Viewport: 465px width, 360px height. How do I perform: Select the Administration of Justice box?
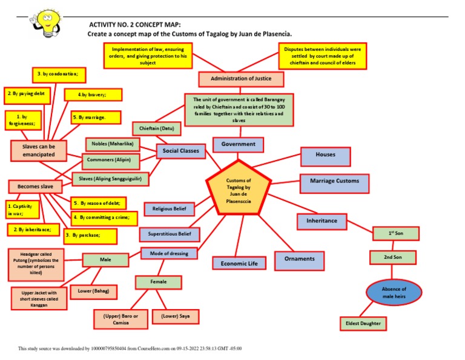[241, 79]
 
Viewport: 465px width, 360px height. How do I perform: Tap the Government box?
[238, 144]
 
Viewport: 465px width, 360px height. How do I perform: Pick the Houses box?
[325, 156]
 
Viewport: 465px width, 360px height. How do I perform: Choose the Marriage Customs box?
[334, 181]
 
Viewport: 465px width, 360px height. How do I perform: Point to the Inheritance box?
[322, 221]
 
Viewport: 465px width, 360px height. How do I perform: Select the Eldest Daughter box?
[363, 323]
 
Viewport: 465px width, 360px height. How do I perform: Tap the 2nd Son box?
[393, 258]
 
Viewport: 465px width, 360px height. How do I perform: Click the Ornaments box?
[299, 259]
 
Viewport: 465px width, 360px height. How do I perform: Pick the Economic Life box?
[239, 264]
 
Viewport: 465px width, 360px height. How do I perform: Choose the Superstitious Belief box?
[169, 234]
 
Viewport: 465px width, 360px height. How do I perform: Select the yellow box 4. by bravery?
[93, 95]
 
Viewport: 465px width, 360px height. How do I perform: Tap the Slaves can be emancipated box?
[39, 150]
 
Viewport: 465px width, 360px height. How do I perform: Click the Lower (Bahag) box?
[93, 292]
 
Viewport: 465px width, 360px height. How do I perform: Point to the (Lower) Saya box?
[176, 316]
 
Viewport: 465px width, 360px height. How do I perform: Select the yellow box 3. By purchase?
[90, 234]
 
